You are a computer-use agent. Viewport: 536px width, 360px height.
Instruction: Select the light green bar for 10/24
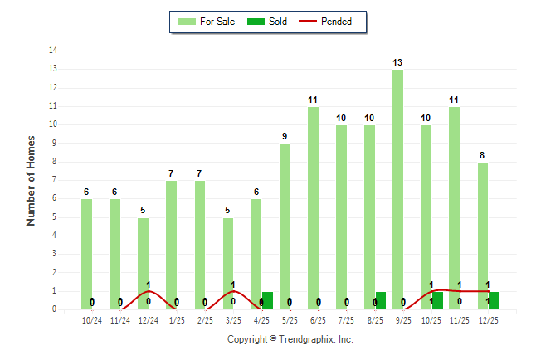(x=86, y=254)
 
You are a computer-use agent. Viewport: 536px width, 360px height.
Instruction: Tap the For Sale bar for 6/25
(x=313, y=207)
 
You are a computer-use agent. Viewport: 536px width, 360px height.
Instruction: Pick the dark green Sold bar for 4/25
(x=267, y=300)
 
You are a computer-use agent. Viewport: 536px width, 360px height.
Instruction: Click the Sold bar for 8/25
(x=380, y=300)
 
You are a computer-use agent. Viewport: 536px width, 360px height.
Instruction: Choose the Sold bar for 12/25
(x=494, y=300)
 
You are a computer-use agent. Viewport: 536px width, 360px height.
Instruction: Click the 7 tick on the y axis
(x=55, y=180)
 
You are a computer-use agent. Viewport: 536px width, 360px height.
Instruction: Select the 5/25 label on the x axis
(x=290, y=319)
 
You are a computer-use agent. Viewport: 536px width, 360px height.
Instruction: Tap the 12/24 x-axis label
(x=149, y=319)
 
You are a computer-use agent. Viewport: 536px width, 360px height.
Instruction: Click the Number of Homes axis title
(x=31, y=180)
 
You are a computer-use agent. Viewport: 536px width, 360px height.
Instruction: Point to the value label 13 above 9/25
(x=398, y=63)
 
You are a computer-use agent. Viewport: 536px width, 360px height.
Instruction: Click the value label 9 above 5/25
(x=285, y=137)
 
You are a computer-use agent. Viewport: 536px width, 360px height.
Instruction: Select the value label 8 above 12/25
(x=482, y=155)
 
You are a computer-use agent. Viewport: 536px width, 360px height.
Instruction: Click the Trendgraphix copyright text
(x=290, y=339)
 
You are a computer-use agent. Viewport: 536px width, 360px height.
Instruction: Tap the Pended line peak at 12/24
(x=148, y=291)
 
